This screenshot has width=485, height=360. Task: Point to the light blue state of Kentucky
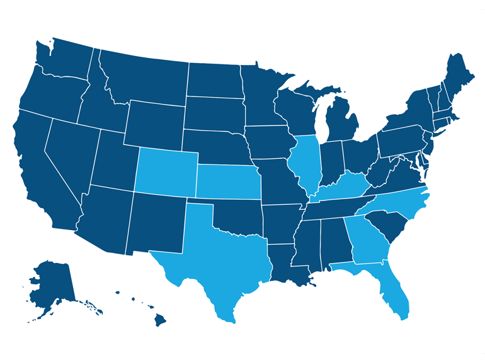[x=341, y=188]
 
